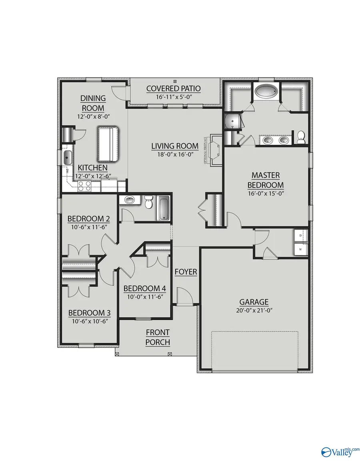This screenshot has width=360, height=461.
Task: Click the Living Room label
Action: click(x=175, y=146)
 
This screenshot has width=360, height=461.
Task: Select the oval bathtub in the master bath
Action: click(x=266, y=92)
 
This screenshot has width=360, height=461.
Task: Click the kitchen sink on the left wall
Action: click(x=67, y=158)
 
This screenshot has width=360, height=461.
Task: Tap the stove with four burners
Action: click(x=84, y=186)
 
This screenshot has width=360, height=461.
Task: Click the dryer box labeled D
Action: click(x=300, y=236)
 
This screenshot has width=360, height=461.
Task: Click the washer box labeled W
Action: click(x=300, y=249)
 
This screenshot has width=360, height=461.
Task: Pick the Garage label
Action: click(x=254, y=302)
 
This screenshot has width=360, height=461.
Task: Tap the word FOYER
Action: click(x=186, y=272)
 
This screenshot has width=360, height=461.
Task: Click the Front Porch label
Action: click(x=158, y=337)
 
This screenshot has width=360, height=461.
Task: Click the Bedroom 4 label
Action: click(x=144, y=289)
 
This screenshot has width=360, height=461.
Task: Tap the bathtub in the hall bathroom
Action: click(x=164, y=208)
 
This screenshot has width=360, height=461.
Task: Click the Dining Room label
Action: click(x=93, y=103)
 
